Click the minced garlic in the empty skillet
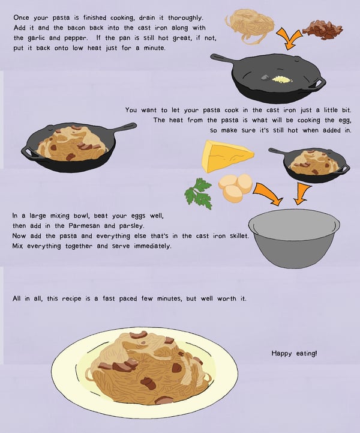point(282,79)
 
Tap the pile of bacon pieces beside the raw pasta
point(323,30)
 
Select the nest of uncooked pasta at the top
point(250,27)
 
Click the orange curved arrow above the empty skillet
point(289,38)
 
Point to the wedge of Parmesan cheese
point(227,156)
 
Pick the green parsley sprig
point(199,193)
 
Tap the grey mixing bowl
point(294,238)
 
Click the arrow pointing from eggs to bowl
point(268,195)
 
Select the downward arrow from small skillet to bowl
point(301,194)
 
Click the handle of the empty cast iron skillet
point(223,59)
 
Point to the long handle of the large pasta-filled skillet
point(125,127)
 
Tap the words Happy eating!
point(294,353)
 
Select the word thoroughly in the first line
point(185,18)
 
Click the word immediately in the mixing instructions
point(152,246)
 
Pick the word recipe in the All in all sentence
point(71,298)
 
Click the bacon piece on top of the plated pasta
point(139,335)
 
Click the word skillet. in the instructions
point(239,236)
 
